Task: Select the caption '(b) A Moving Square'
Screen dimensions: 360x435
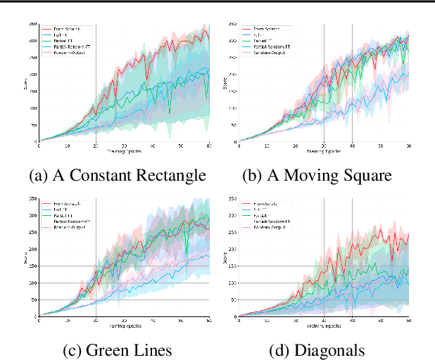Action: pyautogui.click(x=316, y=175)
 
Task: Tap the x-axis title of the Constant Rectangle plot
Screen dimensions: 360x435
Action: pyautogui.click(x=125, y=151)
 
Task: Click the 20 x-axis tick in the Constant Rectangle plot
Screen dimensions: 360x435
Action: pyautogui.click(x=96, y=146)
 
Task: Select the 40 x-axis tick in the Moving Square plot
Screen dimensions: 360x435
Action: pyautogui.click(x=352, y=146)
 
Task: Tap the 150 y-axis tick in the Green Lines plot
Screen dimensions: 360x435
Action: pyautogui.click(x=32, y=266)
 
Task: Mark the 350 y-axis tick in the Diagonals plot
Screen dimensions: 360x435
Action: pyautogui.click(x=232, y=198)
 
